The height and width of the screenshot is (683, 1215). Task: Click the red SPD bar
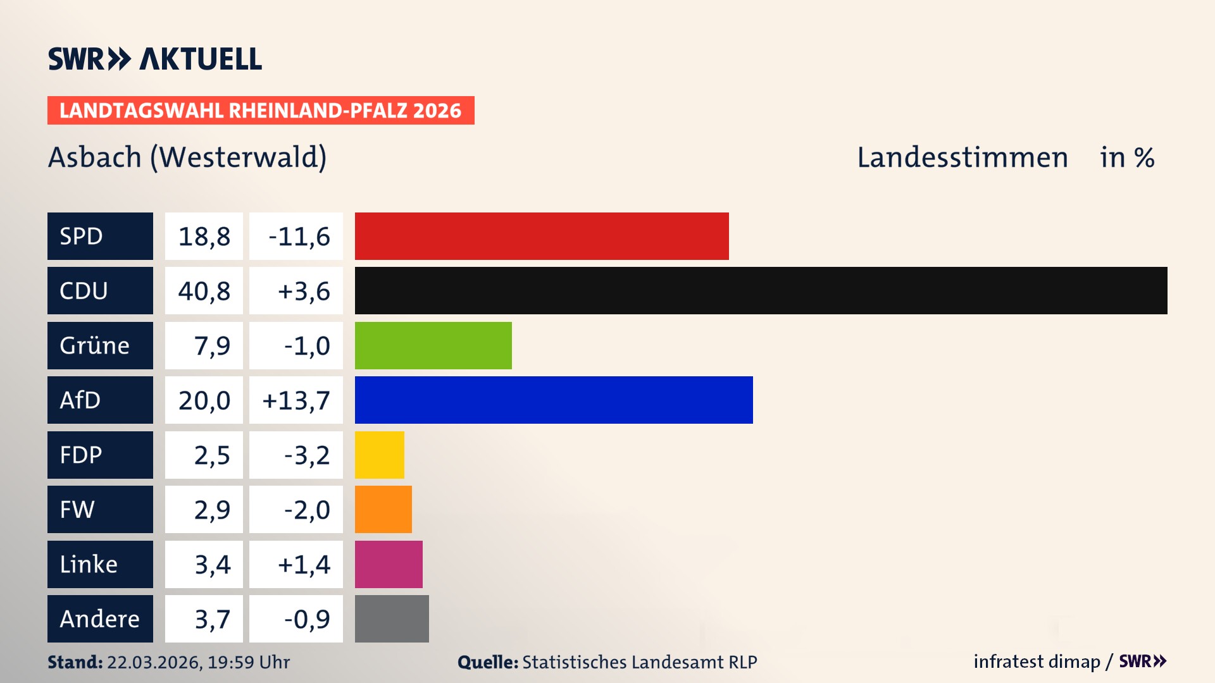click(x=542, y=236)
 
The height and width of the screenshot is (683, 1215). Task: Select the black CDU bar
click(x=761, y=290)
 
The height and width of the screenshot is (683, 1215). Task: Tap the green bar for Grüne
click(x=433, y=345)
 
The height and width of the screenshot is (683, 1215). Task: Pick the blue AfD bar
click(x=554, y=400)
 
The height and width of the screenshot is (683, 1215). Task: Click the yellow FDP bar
click(x=379, y=455)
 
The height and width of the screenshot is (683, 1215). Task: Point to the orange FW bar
click(x=383, y=509)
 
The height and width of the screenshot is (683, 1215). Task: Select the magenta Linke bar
click(x=389, y=564)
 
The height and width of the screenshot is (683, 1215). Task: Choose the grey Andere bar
click(x=392, y=618)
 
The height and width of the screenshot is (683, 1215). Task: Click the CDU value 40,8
click(x=204, y=291)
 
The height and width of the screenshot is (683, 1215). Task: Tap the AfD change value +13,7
click(x=296, y=400)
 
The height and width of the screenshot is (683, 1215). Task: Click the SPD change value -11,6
click(x=299, y=237)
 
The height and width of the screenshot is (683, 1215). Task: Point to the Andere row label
click(x=100, y=618)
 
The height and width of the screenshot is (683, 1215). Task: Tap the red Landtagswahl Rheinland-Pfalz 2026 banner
click(x=261, y=111)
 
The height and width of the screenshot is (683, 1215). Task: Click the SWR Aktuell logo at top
click(x=155, y=59)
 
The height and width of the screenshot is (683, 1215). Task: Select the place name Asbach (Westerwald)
click(x=187, y=157)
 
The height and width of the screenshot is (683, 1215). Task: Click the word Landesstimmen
click(x=962, y=157)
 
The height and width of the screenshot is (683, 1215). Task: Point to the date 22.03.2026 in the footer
click(x=154, y=662)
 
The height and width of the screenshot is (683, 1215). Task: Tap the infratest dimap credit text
click(x=1037, y=661)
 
